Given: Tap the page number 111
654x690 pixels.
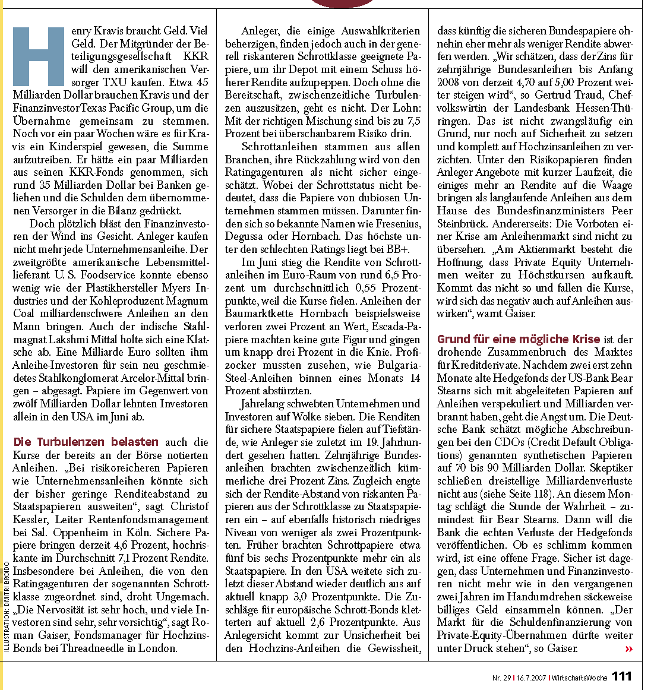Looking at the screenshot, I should pyautogui.click(x=621, y=676).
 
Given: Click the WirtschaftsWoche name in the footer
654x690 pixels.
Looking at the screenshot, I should pyautogui.click(x=579, y=678).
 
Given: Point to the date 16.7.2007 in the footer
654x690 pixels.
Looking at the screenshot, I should pyautogui.click(x=531, y=678).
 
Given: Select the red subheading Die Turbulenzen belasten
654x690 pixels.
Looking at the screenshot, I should pyautogui.click(x=86, y=442).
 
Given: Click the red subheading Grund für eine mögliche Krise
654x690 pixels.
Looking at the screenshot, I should pyautogui.click(x=518, y=339).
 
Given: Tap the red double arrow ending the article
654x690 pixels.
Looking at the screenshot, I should pyautogui.click(x=628, y=649).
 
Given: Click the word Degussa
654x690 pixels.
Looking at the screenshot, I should pyautogui.click(x=245, y=237).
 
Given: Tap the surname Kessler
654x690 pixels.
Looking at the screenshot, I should pyautogui.click(x=31, y=520).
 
